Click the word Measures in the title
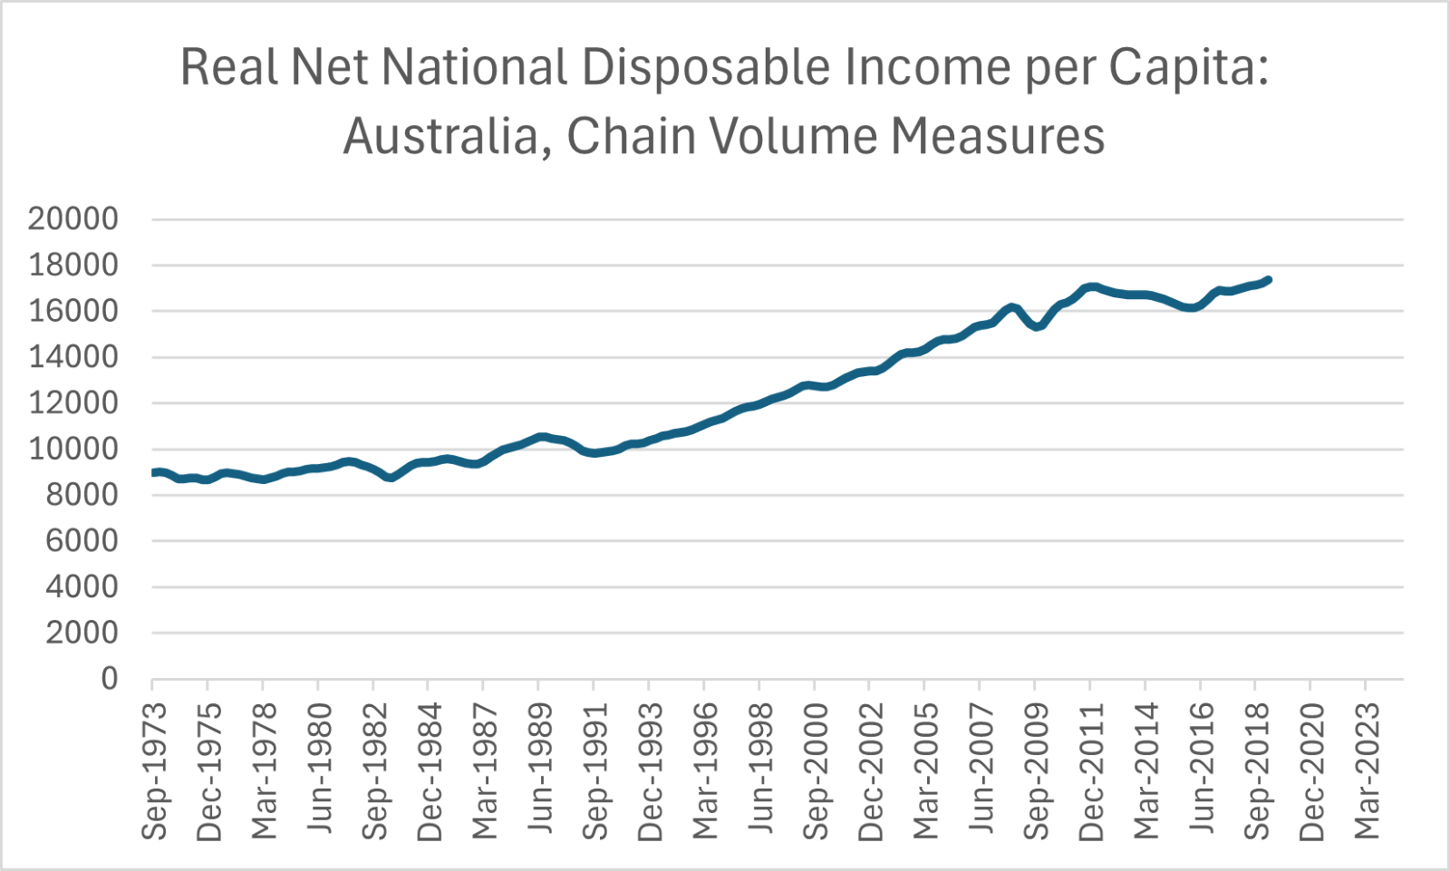(997, 136)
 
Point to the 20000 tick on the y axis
(73, 219)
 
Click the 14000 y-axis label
(73, 357)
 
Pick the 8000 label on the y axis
(82, 495)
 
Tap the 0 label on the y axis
(110, 678)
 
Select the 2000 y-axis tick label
(82, 633)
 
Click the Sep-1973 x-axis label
(155, 770)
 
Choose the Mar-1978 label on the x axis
(265, 770)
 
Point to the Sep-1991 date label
(595, 770)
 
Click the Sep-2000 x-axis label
(816, 770)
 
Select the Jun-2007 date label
(981, 770)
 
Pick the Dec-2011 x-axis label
(1092, 770)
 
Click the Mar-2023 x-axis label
(1367, 770)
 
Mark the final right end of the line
(1268, 279)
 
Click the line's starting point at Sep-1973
(153, 472)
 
